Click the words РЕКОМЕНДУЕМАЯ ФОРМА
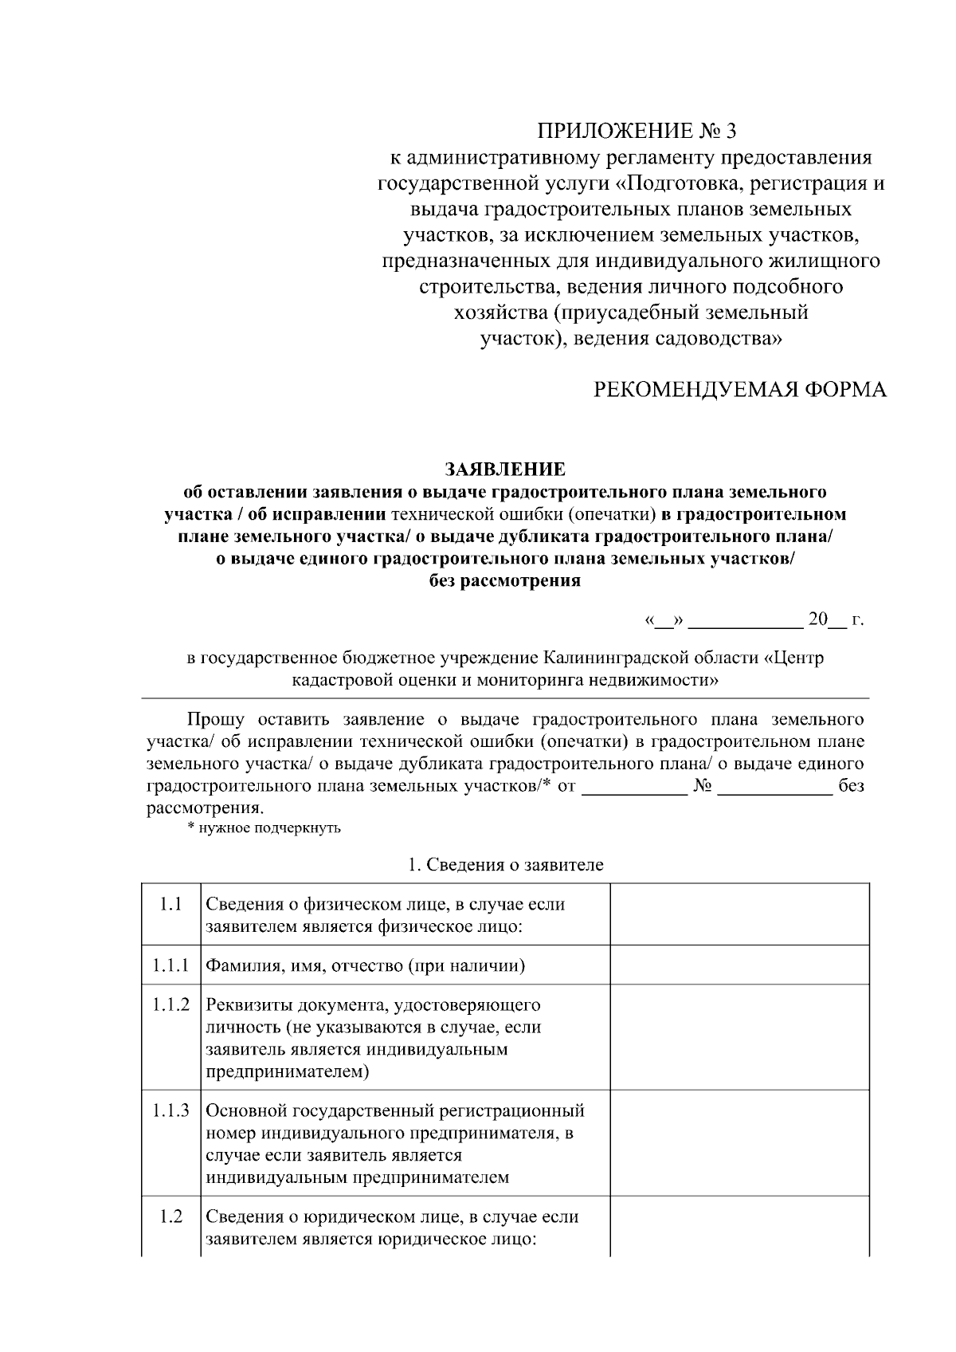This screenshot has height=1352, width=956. click(740, 389)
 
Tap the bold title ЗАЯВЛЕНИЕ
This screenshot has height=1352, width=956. click(505, 469)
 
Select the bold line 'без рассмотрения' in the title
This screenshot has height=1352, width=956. click(505, 580)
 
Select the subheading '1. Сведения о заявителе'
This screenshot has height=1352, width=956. click(505, 865)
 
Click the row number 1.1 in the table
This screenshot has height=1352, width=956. click(170, 904)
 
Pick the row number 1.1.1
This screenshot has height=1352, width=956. click(170, 965)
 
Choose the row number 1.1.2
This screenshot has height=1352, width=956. click(170, 1004)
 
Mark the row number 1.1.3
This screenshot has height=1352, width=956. click(170, 1110)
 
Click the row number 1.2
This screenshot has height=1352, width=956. click(170, 1216)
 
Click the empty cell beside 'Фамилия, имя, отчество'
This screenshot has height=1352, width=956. click(739, 965)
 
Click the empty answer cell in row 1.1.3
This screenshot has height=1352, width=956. click(739, 1143)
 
